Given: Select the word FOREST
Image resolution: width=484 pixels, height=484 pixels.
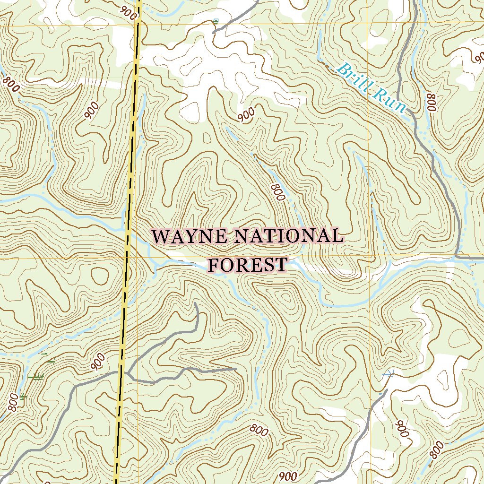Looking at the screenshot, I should coord(248,265).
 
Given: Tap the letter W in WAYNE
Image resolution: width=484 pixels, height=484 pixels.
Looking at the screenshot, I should coord(160,236).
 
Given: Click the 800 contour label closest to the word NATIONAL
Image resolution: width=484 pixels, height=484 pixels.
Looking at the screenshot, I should coord(278,192).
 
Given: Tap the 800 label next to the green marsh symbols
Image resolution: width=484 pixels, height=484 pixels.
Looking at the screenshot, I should coord(13,402).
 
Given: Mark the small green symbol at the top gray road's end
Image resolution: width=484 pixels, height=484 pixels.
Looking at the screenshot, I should coord(216,22).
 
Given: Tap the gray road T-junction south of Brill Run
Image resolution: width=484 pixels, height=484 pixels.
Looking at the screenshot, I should coord(456,258).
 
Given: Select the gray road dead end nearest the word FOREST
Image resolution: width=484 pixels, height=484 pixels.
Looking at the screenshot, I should coord(195,304).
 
